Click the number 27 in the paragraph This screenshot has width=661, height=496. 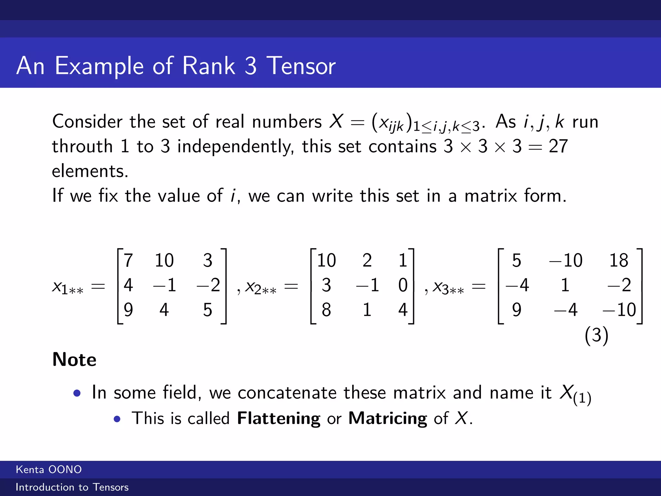pyautogui.click(x=558, y=146)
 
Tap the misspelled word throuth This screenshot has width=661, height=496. pyautogui.click(x=82, y=146)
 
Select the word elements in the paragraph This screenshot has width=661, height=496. pyautogui.click(x=90, y=171)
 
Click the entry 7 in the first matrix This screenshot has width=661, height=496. pyautogui.click(x=128, y=260)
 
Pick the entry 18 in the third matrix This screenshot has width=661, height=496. pyautogui.click(x=618, y=260)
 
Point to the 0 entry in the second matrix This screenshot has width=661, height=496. pyautogui.click(x=402, y=285)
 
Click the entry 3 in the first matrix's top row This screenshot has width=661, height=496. pyautogui.click(x=208, y=260)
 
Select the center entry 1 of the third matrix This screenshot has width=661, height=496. pyautogui.click(x=565, y=285)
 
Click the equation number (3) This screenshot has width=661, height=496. pyautogui.click(x=596, y=335)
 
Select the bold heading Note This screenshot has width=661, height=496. pyautogui.click(x=74, y=359)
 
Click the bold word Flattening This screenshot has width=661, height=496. pyautogui.click(x=279, y=418)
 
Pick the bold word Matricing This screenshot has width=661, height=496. pyautogui.click(x=388, y=418)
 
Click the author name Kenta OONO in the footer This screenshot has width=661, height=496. pyautogui.click(x=49, y=470)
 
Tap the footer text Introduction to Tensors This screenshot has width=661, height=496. pyautogui.click(x=72, y=487)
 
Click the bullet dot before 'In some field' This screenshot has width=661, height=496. pyautogui.click(x=77, y=393)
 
